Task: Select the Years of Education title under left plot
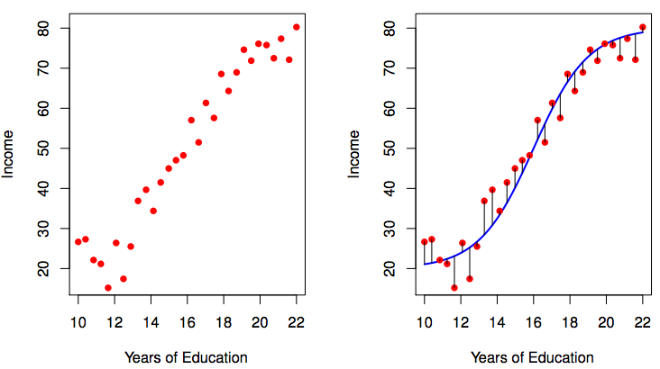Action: click(x=187, y=357)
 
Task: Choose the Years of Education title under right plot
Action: click(x=533, y=357)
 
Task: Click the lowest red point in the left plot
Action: click(x=108, y=288)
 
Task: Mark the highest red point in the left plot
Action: click(x=297, y=27)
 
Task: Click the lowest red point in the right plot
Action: click(x=454, y=288)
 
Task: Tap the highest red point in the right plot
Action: click(x=643, y=27)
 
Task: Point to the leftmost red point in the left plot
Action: click(x=78, y=242)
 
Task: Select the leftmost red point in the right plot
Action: click(x=425, y=242)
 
